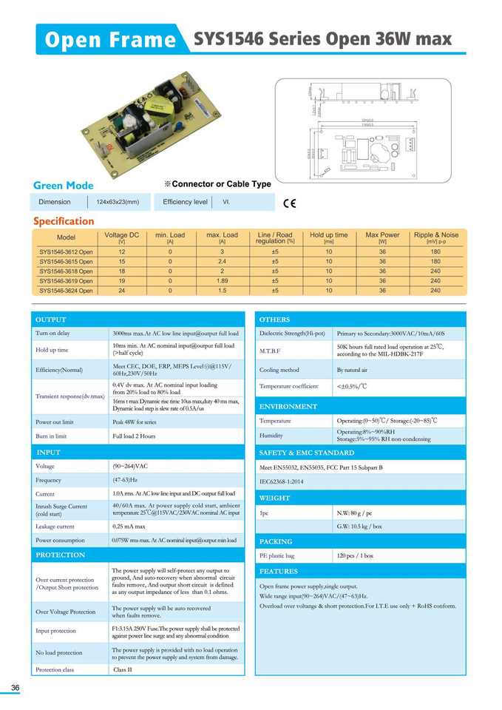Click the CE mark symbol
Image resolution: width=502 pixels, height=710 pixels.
point(289,203)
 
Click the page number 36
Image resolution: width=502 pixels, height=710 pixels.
point(15,689)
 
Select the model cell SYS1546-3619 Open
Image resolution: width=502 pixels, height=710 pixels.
point(67,281)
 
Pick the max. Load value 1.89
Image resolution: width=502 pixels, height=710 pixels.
point(222,281)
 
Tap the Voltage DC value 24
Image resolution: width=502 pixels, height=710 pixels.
point(121,291)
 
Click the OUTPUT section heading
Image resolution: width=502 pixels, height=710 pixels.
point(51,319)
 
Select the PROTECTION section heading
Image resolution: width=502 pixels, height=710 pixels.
point(61,555)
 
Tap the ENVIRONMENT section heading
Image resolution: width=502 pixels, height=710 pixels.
point(288,407)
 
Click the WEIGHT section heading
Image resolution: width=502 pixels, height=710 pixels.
point(275,498)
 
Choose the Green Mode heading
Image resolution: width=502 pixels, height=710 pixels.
point(64,185)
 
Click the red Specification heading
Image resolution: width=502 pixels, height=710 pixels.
point(64,221)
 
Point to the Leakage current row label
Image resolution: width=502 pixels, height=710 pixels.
point(55,526)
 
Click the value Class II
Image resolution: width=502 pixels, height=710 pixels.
point(122,669)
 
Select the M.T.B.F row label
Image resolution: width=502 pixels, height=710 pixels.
point(271,350)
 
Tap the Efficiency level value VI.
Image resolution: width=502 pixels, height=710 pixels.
point(226,202)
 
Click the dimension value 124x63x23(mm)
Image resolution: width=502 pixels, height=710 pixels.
point(118,202)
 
